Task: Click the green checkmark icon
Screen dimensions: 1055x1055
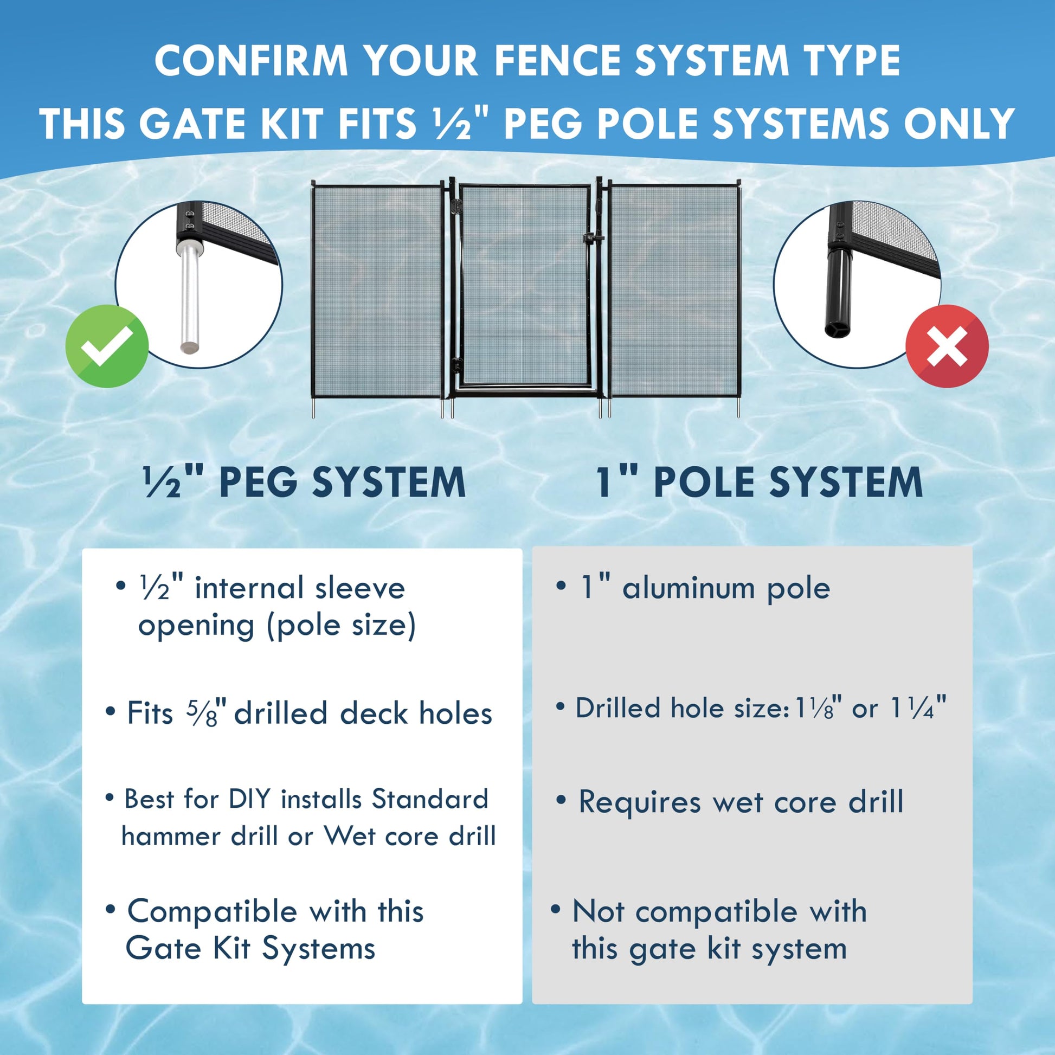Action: pyautogui.click(x=107, y=346)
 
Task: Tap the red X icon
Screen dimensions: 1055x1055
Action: pyautogui.click(x=947, y=346)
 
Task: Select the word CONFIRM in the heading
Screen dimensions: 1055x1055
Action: pyautogui.click(x=251, y=60)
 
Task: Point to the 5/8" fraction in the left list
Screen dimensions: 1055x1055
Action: pyautogui.click(x=203, y=712)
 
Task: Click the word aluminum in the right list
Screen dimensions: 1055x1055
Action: pyautogui.click(x=689, y=588)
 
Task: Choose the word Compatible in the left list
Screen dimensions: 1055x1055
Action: pyautogui.click(x=213, y=912)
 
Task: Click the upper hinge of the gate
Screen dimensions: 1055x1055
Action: pyautogui.click(x=454, y=206)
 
